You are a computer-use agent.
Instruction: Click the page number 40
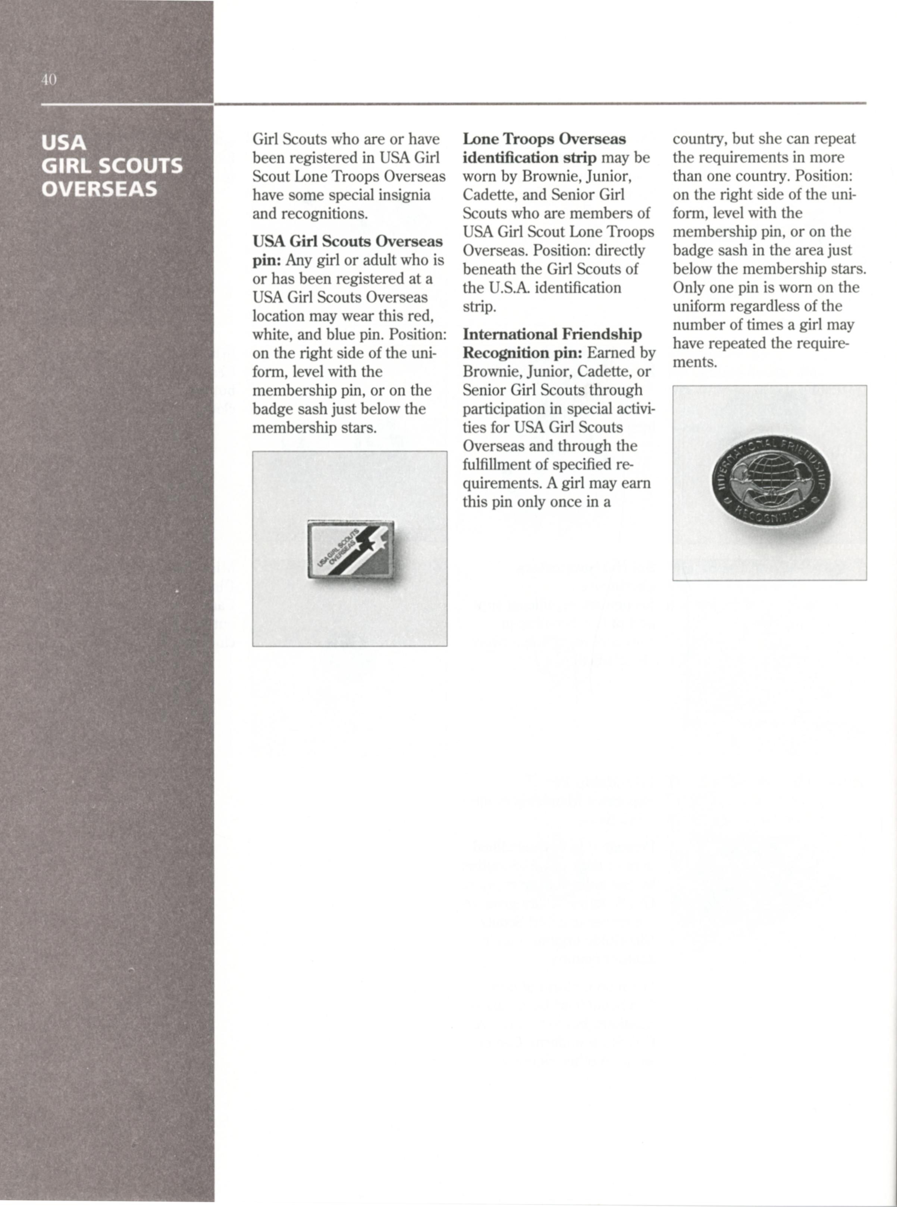[48, 80]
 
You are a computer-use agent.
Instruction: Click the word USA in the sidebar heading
[64, 143]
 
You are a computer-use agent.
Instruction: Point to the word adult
[367, 261]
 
